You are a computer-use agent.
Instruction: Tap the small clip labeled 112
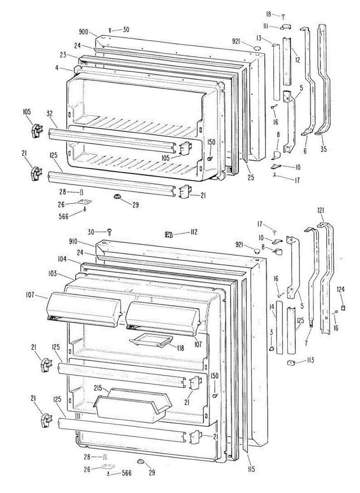click(x=168, y=235)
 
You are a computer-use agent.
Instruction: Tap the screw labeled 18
click(x=283, y=17)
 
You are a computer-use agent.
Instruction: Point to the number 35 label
click(x=324, y=150)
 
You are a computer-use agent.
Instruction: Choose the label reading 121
click(x=321, y=210)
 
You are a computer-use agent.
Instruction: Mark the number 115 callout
click(x=251, y=469)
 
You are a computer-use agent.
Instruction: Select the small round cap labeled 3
click(x=272, y=349)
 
